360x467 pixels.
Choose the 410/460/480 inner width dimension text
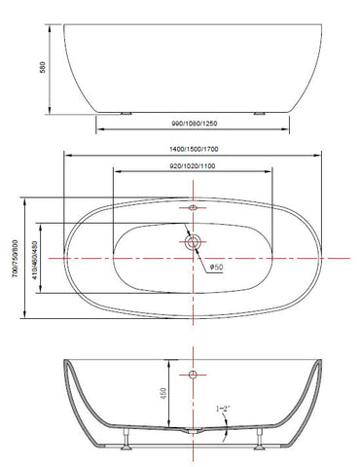click(36, 259)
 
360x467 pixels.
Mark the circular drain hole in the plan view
click(192, 241)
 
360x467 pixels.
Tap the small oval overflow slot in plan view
click(192, 207)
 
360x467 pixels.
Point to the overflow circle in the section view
click(192, 374)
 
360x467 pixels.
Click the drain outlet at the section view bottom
click(192, 431)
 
